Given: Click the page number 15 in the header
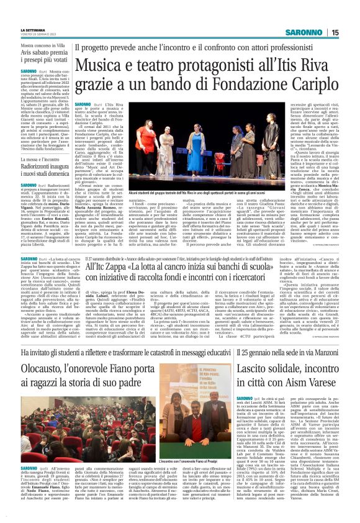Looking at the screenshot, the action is [351, 32].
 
